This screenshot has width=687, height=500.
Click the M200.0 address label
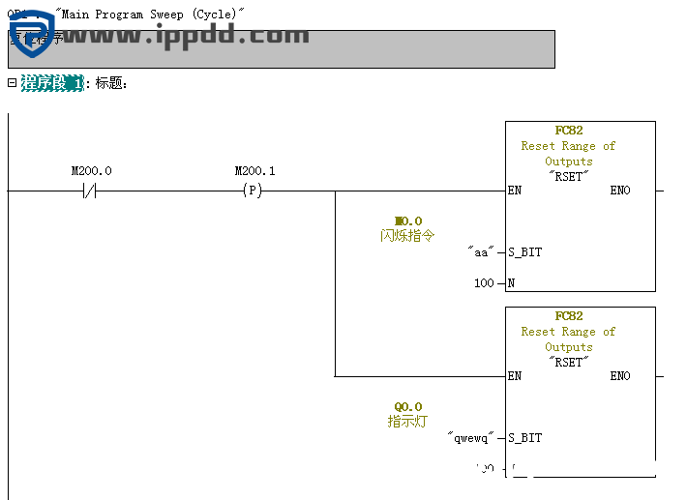pos(91,171)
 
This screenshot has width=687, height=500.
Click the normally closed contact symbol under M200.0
pos(91,191)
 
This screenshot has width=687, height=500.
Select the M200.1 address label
pos(254,171)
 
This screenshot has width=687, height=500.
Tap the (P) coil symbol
pos(252,191)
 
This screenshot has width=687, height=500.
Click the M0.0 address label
pos(408,221)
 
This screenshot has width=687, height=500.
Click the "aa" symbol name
pos(480,252)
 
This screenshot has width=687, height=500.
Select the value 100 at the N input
pos(484,283)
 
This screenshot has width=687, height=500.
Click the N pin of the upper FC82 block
pos(511,283)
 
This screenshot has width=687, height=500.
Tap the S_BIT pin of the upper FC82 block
pos(524,252)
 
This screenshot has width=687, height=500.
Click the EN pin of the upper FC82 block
pos(515,191)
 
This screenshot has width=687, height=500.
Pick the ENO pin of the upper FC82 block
pos(619,191)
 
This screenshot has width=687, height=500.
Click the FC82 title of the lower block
pos(569,316)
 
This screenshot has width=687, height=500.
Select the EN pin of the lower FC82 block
pos(515,376)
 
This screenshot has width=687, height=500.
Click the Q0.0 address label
pos(407,407)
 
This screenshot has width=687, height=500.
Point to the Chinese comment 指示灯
pos(407,422)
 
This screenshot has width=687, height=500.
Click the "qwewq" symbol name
pos(472,438)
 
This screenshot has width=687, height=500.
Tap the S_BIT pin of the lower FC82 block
pos(524,438)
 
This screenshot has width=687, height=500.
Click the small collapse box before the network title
pos(12,83)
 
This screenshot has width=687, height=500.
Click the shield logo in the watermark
pos(31,34)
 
